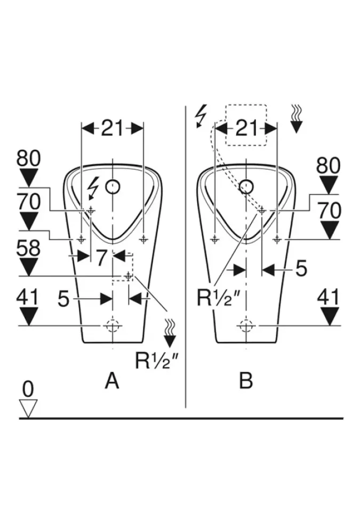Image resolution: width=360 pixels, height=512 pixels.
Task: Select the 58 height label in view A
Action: pos(28,249)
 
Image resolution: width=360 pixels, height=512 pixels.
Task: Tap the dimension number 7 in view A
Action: pos(102,258)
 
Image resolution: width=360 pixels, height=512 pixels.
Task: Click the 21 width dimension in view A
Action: pos(112,128)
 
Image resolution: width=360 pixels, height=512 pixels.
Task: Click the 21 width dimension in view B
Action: pos(245,128)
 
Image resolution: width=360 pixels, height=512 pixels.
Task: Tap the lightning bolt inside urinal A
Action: pos(93,188)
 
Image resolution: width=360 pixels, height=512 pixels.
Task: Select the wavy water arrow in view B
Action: pos(297,119)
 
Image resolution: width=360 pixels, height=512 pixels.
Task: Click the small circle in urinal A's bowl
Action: pos(113,187)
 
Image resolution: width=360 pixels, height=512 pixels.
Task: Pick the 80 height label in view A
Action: pos(28,158)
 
